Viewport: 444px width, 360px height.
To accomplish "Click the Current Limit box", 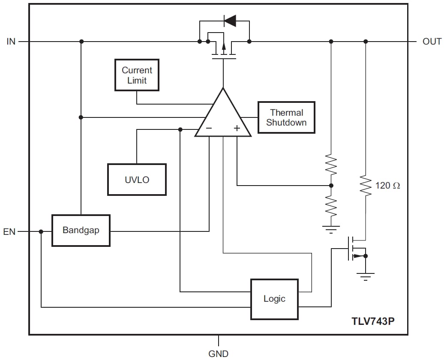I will pyautogui.click(x=137, y=75).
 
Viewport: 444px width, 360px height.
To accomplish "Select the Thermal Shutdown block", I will pyautogui.click(x=286, y=117).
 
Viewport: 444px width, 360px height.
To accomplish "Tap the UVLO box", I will pyautogui.click(x=137, y=180).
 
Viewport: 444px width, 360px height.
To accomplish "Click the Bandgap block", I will pyautogui.click(x=81, y=230).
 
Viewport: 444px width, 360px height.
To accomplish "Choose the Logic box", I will pyautogui.click(x=274, y=299).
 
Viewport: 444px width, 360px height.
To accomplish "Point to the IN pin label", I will pyautogui.click(x=11, y=42).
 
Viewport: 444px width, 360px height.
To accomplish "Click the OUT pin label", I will pyautogui.click(x=432, y=42).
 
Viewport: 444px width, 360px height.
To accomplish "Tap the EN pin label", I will pyautogui.click(x=9, y=232).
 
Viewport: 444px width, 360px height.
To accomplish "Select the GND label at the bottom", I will pyautogui.click(x=219, y=354).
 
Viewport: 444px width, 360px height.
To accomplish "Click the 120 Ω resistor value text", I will pyautogui.click(x=387, y=186).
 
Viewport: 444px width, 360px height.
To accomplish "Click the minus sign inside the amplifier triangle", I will pyautogui.click(x=209, y=128).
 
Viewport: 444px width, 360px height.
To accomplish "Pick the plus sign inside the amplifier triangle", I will pyautogui.click(x=237, y=128).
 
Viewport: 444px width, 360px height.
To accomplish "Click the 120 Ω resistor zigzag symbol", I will pyautogui.click(x=365, y=185).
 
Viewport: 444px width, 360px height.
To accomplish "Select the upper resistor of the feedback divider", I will pyautogui.click(x=331, y=165).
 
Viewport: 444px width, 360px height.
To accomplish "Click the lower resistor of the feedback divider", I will pyautogui.click(x=331, y=206).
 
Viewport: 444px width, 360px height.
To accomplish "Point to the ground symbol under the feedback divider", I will pyautogui.click(x=331, y=228).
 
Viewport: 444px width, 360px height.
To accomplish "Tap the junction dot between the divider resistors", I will pyautogui.click(x=331, y=186).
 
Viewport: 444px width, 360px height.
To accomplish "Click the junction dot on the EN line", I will pyautogui.click(x=41, y=231).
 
